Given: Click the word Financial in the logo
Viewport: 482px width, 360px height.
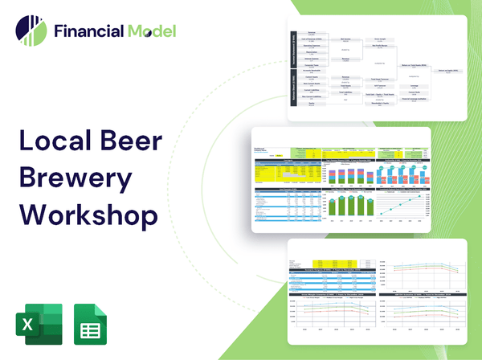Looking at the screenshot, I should click(88, 32).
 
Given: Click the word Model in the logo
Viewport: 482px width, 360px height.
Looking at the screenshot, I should click(150, 32).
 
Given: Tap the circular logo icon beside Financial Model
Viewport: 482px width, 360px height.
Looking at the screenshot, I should click(31, 31).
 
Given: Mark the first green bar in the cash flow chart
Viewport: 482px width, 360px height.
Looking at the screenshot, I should click(332, 207).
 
